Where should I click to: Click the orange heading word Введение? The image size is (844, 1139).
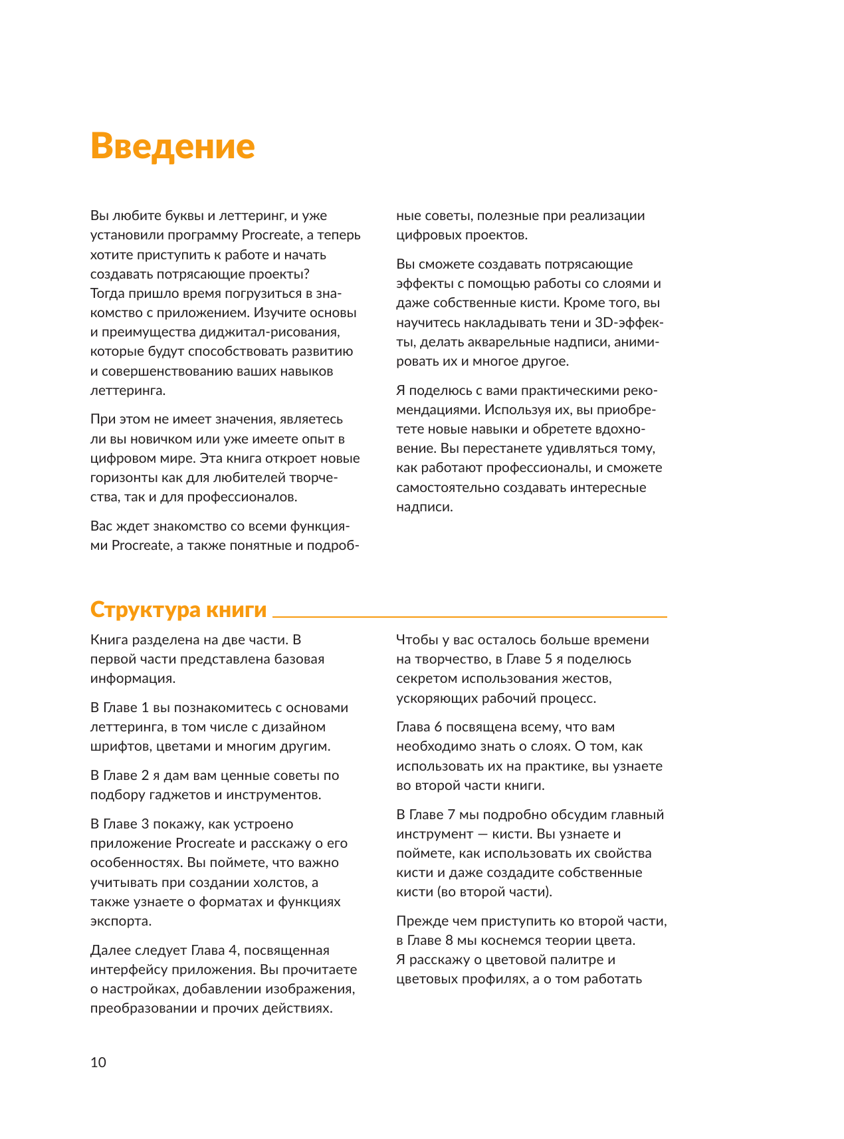tap(172, 146)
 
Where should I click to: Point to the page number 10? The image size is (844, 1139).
tap(98, 1062)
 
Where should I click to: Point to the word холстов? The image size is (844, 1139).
tap(283, 882)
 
